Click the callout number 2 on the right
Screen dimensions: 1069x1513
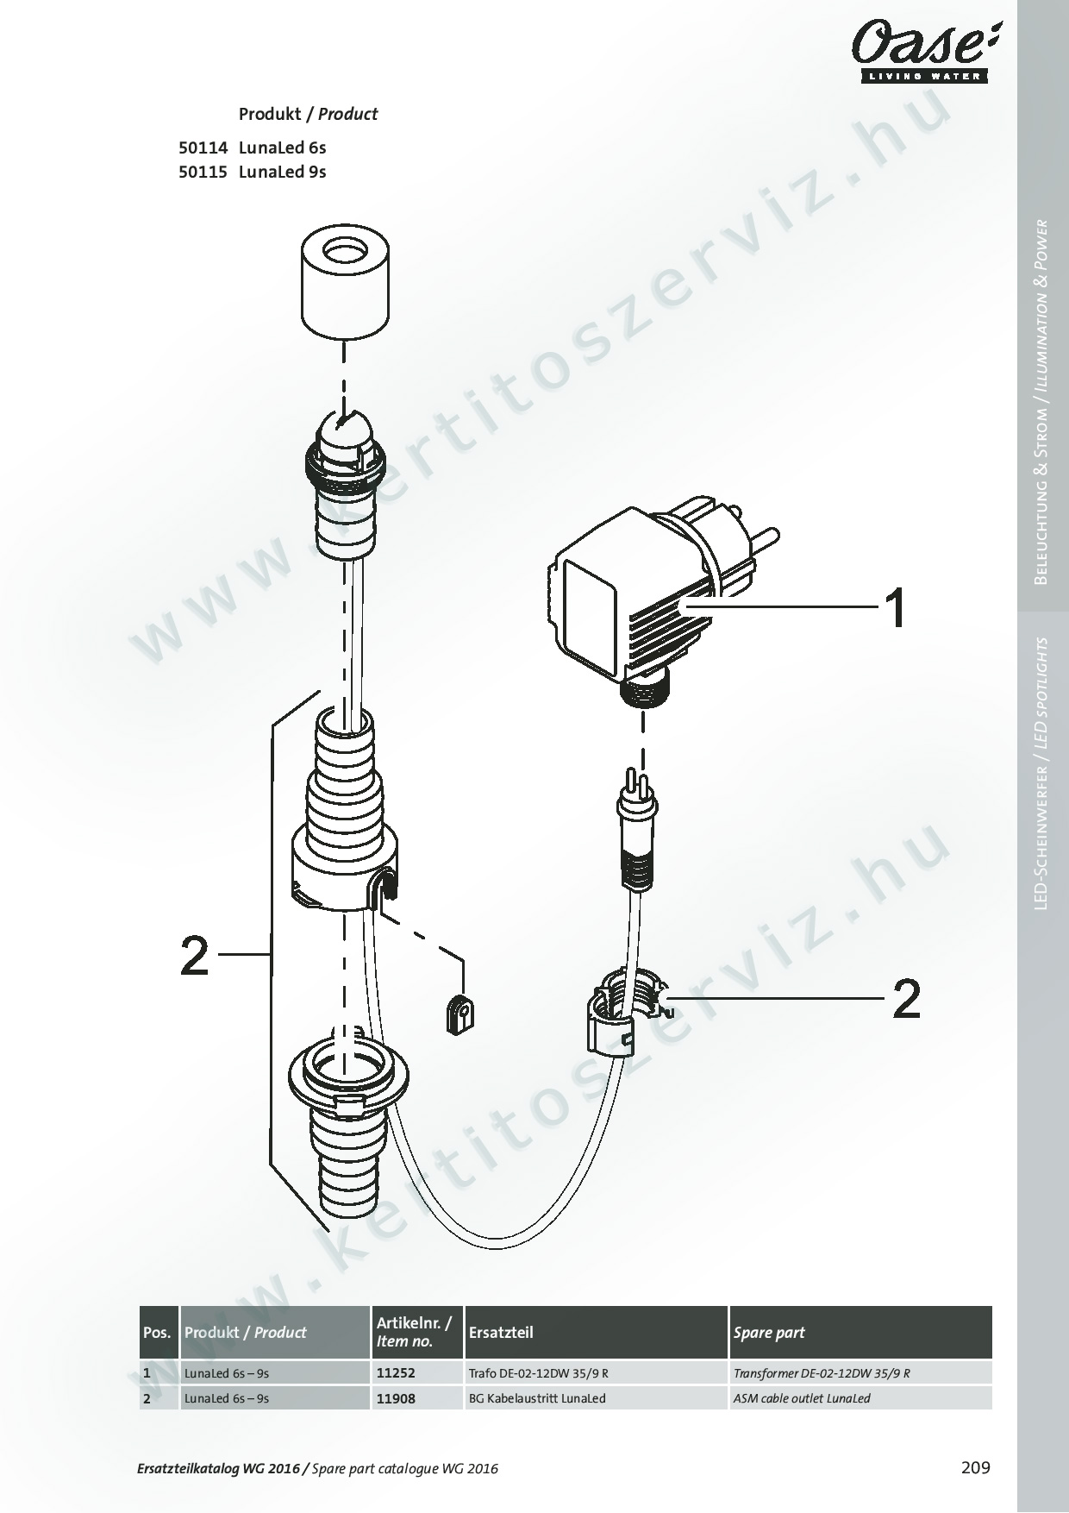[906, 999]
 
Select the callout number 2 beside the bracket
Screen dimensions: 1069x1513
[195, 956]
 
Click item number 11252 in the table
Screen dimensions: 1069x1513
[396, 1372]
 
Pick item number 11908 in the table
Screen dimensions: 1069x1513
[396, 1398]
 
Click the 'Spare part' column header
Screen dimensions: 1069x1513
[769, 1332]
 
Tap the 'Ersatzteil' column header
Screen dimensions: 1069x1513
[501, 1332]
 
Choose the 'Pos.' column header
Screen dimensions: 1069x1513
[157, 1332]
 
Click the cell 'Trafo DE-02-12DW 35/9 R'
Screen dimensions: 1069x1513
[544, 1372]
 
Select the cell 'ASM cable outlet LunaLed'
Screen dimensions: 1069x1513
[802, 1398]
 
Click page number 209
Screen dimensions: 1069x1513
[975, 1466]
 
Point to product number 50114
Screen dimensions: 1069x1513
[203, 147]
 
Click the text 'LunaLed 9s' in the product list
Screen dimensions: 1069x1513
[283, 171]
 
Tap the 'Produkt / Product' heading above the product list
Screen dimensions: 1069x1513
[308, 114]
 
